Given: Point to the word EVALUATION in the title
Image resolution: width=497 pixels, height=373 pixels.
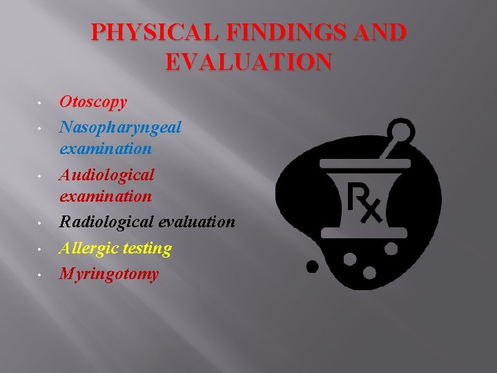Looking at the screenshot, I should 248,63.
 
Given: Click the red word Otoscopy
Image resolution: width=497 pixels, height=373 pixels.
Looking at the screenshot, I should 93,102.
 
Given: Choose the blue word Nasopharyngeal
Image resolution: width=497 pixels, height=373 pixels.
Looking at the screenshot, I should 120,127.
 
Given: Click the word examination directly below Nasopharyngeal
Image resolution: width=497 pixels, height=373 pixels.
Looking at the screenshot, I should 106,148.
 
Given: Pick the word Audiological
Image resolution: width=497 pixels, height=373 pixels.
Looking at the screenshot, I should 107,174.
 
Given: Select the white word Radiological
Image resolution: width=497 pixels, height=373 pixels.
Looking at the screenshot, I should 107,222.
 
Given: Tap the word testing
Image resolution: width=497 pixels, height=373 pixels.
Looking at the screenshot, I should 147,247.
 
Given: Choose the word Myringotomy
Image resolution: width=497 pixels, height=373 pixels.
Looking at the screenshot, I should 109,274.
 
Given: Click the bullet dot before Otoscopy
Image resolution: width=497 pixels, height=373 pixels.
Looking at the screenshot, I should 41,104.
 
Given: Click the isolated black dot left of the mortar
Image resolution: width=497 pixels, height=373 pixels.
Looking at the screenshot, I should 313,265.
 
